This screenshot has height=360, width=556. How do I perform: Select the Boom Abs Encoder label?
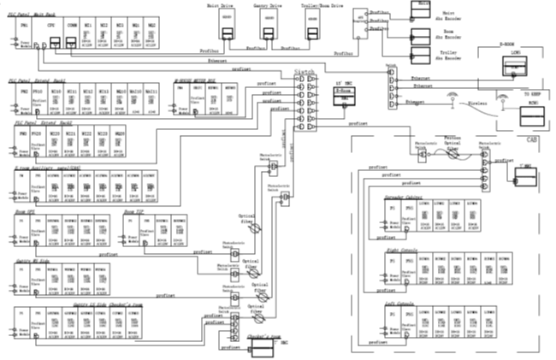pos(449,34)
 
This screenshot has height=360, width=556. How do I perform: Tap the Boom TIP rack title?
pos(137,210)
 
